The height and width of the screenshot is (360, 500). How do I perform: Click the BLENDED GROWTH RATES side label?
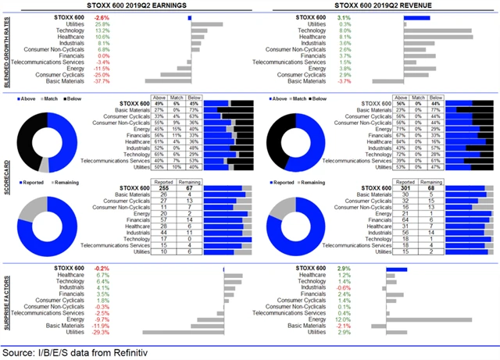(x=7, y=49)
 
